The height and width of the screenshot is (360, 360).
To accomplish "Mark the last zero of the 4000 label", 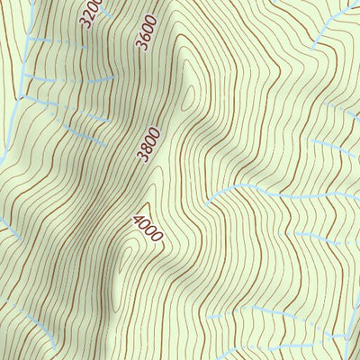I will pyautogui.click(x=157, y=238).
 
